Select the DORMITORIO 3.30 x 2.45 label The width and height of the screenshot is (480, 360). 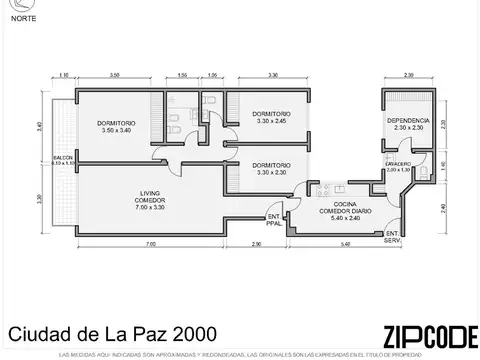point(270,118)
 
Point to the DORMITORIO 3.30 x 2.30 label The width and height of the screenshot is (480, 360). point(272,168)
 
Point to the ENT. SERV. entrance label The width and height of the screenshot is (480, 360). point(392,236)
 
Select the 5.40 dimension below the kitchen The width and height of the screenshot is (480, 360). point(343,245)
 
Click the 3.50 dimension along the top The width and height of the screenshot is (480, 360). point(116,75)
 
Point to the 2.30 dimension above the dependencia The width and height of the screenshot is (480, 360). point(408,75)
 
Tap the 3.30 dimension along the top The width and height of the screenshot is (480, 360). point(273,75)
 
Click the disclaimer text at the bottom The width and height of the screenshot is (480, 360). point(240,354)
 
